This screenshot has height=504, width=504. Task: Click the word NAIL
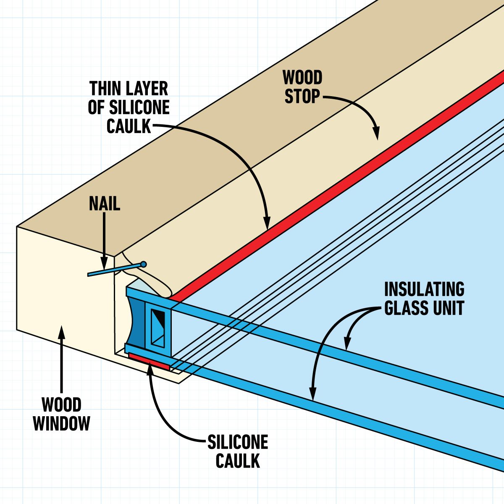tap(104, 204)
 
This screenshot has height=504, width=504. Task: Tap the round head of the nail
tap(144, 264)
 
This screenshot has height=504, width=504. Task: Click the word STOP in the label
tap(302, 97)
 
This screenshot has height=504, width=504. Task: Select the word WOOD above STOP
tap(302, 78)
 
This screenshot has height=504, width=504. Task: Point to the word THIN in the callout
tap(105, 89)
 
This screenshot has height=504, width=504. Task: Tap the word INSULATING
tap(424, 290)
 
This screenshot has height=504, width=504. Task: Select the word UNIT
tap(449, 308)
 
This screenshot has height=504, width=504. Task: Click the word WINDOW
tap(62, 423)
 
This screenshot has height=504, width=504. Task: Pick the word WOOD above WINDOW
tap(62, 405)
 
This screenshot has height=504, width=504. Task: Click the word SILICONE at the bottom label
tap(238, 442)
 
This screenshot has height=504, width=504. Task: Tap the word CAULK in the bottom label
tap(238, 461)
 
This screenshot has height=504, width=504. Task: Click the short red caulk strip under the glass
tap(150, 361)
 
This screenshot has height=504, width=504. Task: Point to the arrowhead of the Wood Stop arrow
tap(376, 135)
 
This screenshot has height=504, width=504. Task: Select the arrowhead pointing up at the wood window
tap(62, 331)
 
